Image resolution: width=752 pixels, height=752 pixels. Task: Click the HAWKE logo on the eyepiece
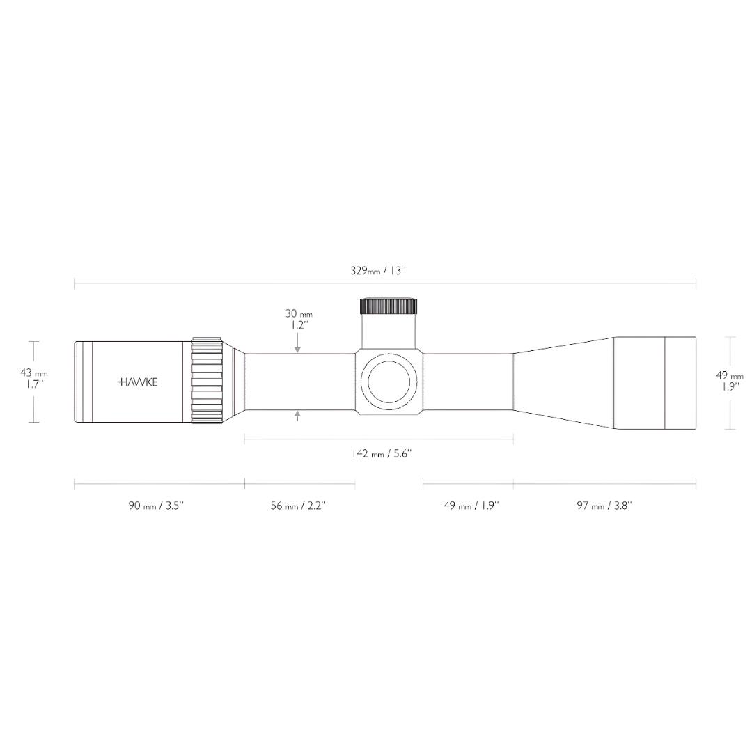point(137,382)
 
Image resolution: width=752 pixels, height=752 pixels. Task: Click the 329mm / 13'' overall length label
point(377,270)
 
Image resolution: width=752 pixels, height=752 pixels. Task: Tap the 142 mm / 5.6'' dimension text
point(381,454)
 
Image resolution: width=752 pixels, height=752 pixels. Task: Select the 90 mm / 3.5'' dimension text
point(156,506)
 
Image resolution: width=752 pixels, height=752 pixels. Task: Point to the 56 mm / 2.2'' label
point(298,506)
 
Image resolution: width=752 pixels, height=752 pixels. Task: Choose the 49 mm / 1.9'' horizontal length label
point(471,506)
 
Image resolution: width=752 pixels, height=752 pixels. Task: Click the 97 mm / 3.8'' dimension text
point(604,506)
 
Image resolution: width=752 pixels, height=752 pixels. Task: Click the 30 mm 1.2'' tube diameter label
point(298,319)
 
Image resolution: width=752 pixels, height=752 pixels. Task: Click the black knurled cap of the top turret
point(389,306)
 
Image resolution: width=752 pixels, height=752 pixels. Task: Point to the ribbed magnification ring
point(207,381)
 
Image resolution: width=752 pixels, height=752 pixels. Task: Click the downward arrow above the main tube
point(297,346)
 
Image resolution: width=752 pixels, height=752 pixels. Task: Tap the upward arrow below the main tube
point(297,416)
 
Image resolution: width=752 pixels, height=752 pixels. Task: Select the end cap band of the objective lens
point(680,382)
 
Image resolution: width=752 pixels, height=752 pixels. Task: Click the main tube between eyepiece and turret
point(299,382)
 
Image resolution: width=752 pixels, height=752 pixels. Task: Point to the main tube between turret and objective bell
point(468,382)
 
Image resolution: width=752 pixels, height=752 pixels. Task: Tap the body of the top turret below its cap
point(389,330)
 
